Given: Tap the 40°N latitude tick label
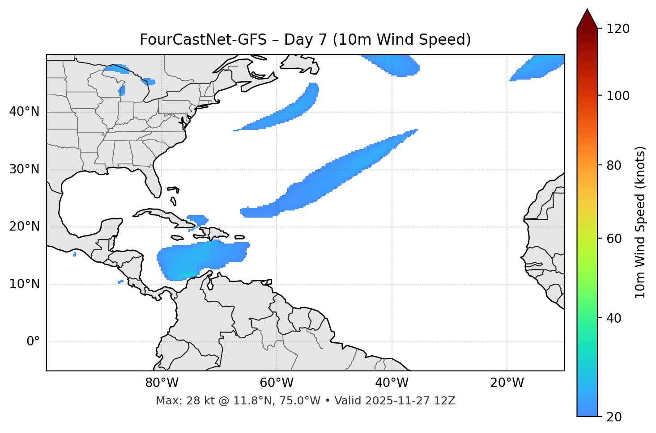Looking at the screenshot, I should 24,111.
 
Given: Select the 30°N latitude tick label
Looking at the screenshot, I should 24,169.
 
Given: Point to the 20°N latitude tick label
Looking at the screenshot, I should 24,227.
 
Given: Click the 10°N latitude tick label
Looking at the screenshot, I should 24,284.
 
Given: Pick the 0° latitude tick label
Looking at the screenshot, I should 33,342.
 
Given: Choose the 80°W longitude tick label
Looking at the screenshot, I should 162,383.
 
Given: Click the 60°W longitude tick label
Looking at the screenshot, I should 277,383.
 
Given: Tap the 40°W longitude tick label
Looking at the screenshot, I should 392,383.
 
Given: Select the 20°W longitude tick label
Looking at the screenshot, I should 507,383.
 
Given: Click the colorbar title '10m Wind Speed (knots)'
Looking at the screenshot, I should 640,223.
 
